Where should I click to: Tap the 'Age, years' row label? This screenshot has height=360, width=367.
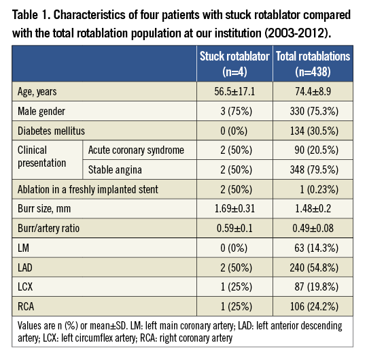39,91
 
